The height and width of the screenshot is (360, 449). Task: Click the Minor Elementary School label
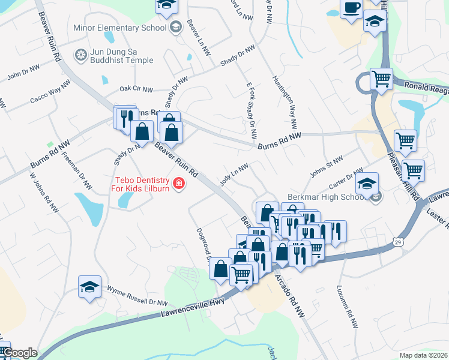119,27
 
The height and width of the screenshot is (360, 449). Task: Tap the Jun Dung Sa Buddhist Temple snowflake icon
79,56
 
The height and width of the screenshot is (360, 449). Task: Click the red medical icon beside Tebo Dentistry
178,184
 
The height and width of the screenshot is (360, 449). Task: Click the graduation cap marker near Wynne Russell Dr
89,287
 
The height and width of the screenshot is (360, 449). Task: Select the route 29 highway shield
397,242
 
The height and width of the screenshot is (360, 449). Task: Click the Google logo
20,353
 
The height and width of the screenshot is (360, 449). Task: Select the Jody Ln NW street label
234,175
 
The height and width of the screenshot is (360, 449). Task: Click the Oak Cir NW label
137,89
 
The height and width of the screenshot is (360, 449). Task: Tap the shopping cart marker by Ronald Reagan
381,79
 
